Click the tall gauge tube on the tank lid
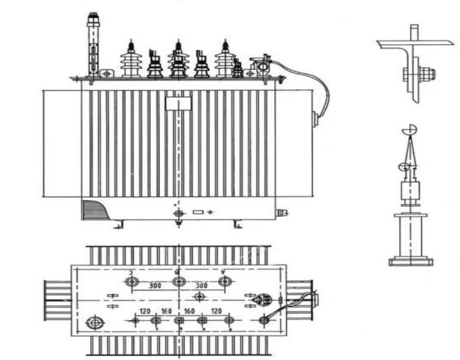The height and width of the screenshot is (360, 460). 93,44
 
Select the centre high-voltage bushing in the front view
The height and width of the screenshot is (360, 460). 178,59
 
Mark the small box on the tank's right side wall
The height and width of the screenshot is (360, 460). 315,120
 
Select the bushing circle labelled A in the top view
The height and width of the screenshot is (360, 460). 224,281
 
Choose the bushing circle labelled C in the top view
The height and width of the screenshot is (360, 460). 131,281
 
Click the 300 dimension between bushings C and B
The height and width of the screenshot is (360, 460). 155,287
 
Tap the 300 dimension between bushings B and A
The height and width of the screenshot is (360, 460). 201,287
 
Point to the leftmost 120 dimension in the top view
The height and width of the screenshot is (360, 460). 145,311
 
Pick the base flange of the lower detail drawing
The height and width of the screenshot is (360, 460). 410,261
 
